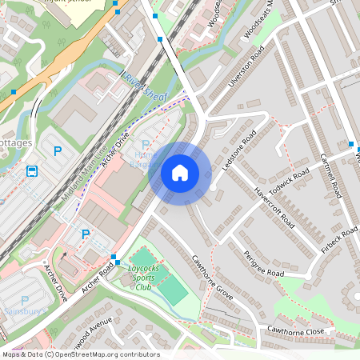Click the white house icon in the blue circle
click(180, 172)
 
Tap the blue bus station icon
click(32, 171)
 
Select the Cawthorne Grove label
click(211, 278)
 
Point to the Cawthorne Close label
click(296, 330)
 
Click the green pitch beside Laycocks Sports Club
click(173, 291)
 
